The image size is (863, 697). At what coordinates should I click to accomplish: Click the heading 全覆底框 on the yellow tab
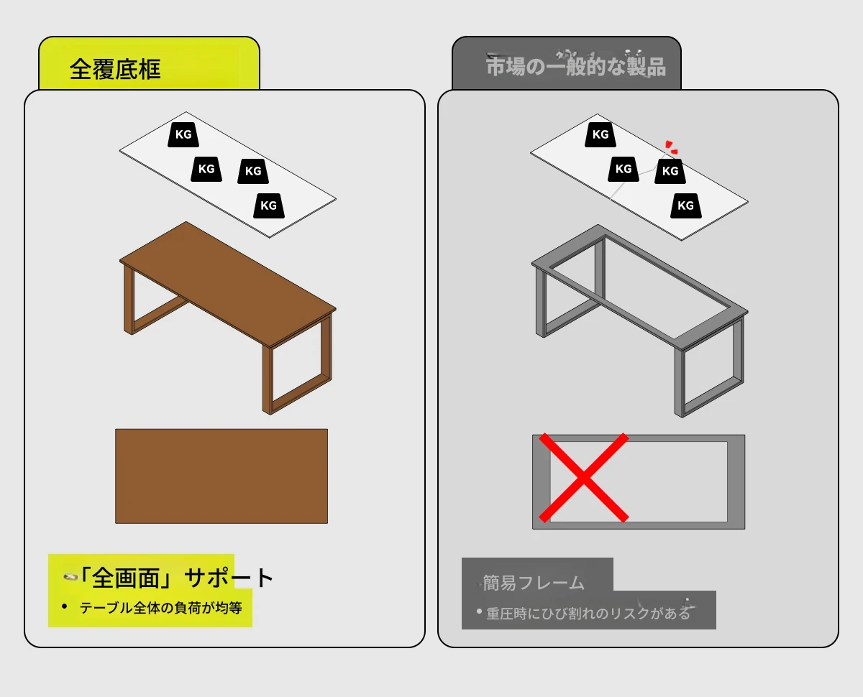(x=115, y=69)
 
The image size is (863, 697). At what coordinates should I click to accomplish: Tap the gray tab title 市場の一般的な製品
(x=576, y=66)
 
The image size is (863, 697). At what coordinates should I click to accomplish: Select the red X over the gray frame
(x=584, y=478)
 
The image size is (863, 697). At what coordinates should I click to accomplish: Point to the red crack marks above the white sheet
(x=671, y=147)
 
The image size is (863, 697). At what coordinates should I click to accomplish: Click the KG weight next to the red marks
(x=670, y=171)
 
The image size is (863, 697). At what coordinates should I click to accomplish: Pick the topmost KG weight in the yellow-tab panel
(x=183, y=134)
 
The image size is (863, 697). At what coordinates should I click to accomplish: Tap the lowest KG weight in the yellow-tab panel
(x=269, y=206)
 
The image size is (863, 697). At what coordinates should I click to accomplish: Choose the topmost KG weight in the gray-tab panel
(x=600, y=134)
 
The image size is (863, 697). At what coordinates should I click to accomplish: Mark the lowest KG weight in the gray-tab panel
(x=685, y=206)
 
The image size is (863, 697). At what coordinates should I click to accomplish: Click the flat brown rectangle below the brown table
(x=222, y=476)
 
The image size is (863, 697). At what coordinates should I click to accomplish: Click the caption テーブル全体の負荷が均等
(x=161, y=608)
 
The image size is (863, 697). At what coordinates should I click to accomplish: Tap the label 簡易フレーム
(x=533, y=583)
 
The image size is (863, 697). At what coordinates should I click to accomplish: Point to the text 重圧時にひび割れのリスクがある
(x=588, y=614)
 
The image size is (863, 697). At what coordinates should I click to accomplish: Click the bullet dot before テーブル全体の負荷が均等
(x=65, y=606)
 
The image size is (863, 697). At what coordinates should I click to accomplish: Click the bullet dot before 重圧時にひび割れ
(x=479, y=611)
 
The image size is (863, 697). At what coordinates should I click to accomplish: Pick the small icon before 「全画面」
(x=70, y=577)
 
